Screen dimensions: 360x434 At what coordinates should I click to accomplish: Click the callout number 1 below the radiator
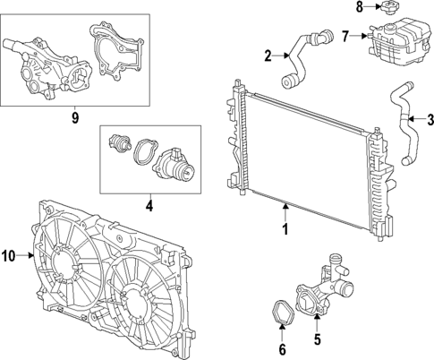(286, 229)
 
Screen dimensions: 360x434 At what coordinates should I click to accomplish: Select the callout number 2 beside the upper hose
(268, 57)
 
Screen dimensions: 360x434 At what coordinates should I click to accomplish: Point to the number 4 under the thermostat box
(149, 205)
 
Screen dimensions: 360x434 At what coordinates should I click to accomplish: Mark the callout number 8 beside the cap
(360, 8)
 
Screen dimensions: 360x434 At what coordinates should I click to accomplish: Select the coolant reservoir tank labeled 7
(399, 43)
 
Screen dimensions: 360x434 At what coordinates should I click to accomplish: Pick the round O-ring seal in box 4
(141, 153)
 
